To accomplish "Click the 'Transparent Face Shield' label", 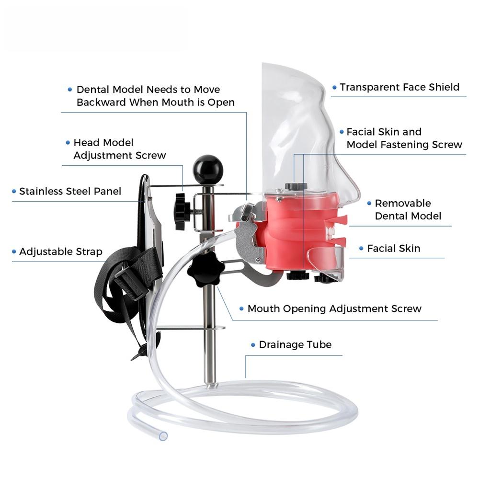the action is tap(399, 87).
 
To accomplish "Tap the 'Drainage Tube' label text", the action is tap(295, 345).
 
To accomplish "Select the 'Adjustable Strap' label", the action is tap(61, 252).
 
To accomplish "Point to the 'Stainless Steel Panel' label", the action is tap(70, 192).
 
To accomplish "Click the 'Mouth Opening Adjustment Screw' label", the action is tap(334, 309).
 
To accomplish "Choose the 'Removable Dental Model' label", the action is tap(408, 210).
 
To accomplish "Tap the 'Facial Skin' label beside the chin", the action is tap(393, 248).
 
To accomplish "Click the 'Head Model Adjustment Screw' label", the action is tap(119, 149).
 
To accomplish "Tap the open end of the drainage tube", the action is tap(163, 436).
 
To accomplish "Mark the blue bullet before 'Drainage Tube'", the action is tap(253, 345).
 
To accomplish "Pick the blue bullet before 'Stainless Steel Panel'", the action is tap(14, 192).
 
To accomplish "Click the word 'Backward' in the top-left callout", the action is tap(101, 103).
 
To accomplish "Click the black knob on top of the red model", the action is tap(296, 186).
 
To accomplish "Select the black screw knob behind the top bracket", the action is tap(183, 211).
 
